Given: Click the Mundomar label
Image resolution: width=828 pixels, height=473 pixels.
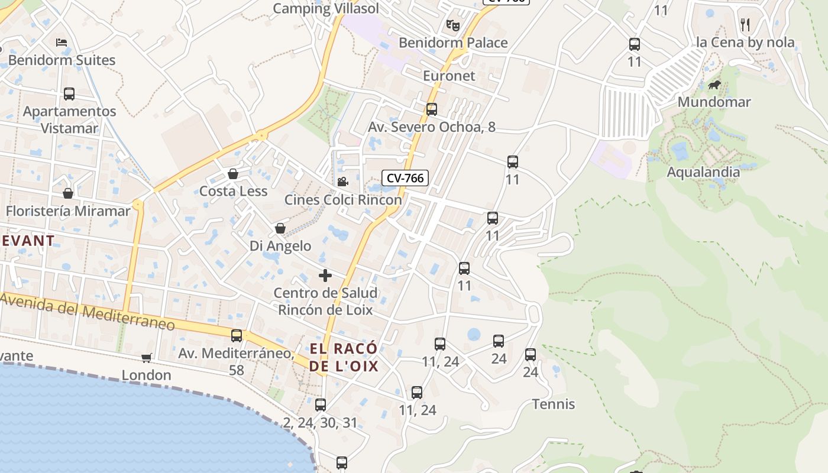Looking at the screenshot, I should point(714,102).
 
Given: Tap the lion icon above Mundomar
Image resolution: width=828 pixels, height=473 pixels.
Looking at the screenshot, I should point(714,85).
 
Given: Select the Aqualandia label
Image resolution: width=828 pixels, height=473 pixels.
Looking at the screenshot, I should point(703,172).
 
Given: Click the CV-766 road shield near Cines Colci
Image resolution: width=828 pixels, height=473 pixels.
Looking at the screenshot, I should point(405,178).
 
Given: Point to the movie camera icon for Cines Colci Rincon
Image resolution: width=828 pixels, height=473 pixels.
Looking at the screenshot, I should point(342,182).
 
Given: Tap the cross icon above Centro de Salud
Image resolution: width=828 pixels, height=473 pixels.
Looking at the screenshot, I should point(325,276).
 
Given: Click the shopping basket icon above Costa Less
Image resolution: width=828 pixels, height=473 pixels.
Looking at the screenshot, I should point(233,174).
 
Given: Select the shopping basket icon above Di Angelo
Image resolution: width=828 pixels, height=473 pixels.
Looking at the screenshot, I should point(280,228).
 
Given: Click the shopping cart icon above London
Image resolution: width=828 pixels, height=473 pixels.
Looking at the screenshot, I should point(146,358).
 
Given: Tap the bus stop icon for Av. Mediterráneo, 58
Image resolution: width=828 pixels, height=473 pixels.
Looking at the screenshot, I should point(237,336).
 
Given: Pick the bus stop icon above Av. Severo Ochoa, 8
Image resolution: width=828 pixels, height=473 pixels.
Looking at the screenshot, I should point(432,109).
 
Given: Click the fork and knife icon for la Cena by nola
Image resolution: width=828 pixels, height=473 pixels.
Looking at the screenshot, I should point(745,24).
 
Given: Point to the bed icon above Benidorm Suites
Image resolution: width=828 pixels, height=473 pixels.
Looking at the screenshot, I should point(62,43).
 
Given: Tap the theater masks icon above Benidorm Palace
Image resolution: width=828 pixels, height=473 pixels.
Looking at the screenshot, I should point(453,25).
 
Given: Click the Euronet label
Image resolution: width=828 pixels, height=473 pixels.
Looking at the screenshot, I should point(449,76).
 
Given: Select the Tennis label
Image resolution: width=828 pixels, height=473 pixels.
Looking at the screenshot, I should point(554,404).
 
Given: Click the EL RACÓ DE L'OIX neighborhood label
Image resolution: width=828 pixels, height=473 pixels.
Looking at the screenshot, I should point(344,358).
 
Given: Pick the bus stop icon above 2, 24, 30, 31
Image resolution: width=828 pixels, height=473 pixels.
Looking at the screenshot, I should point(321,405).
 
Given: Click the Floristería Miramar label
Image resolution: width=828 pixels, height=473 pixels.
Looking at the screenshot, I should point(68,211).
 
